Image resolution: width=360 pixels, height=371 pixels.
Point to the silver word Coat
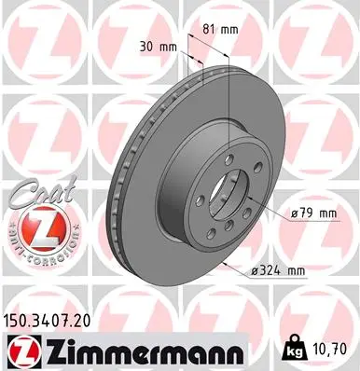point(33,196)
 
